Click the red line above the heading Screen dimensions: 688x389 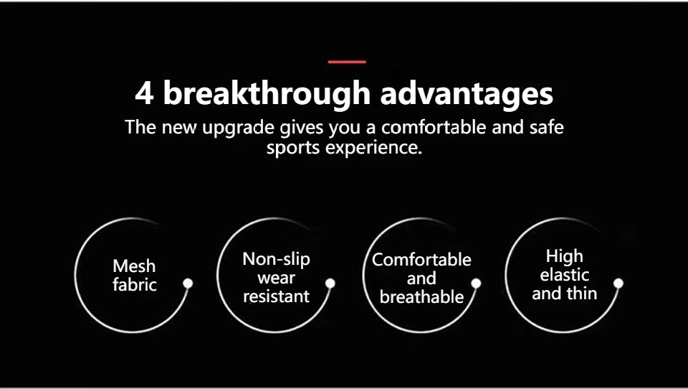pos(347,62)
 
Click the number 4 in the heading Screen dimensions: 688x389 pos(144,93)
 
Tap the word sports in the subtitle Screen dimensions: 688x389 pos(294,148)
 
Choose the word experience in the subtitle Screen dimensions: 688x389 pos(373,148)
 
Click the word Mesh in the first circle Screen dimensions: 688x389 pos(134,266)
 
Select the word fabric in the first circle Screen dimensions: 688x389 pos(134,284)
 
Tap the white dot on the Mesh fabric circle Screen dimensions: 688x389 pos(188,283)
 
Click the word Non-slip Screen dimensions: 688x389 pos(277,259)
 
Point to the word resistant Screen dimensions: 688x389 pos(277,296)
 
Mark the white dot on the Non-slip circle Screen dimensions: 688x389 pos(330,283)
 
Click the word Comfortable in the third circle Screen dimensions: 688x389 pos(421,259)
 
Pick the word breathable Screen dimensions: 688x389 pos(421,296)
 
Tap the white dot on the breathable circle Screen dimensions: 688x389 pos(476,283)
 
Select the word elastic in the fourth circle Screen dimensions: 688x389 pos(564,275)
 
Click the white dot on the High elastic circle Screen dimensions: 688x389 pos(618,283)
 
